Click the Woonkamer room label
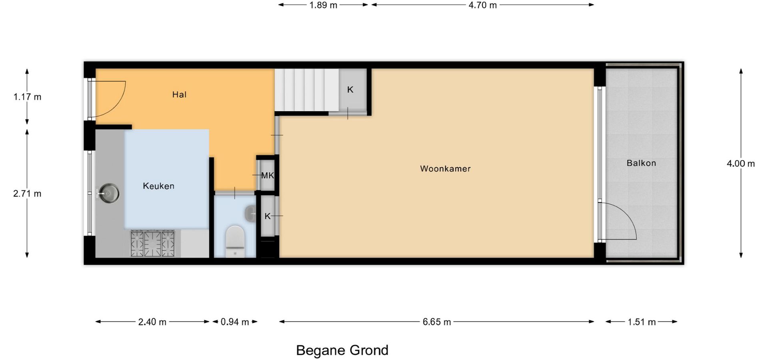[445, 169]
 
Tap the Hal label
[179, 95]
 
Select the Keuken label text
[158, 186]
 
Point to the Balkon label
[641, 163]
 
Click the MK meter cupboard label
[267, 175]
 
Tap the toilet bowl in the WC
[235, 241]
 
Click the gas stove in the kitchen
[152, 243]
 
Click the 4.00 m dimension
[741, 164]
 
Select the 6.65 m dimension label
[437, 322]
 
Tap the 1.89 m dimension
[323, 5]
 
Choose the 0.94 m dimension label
[235, 322]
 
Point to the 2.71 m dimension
[27, 194]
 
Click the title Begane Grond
[342, 350]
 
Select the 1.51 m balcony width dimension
[642, 322]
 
